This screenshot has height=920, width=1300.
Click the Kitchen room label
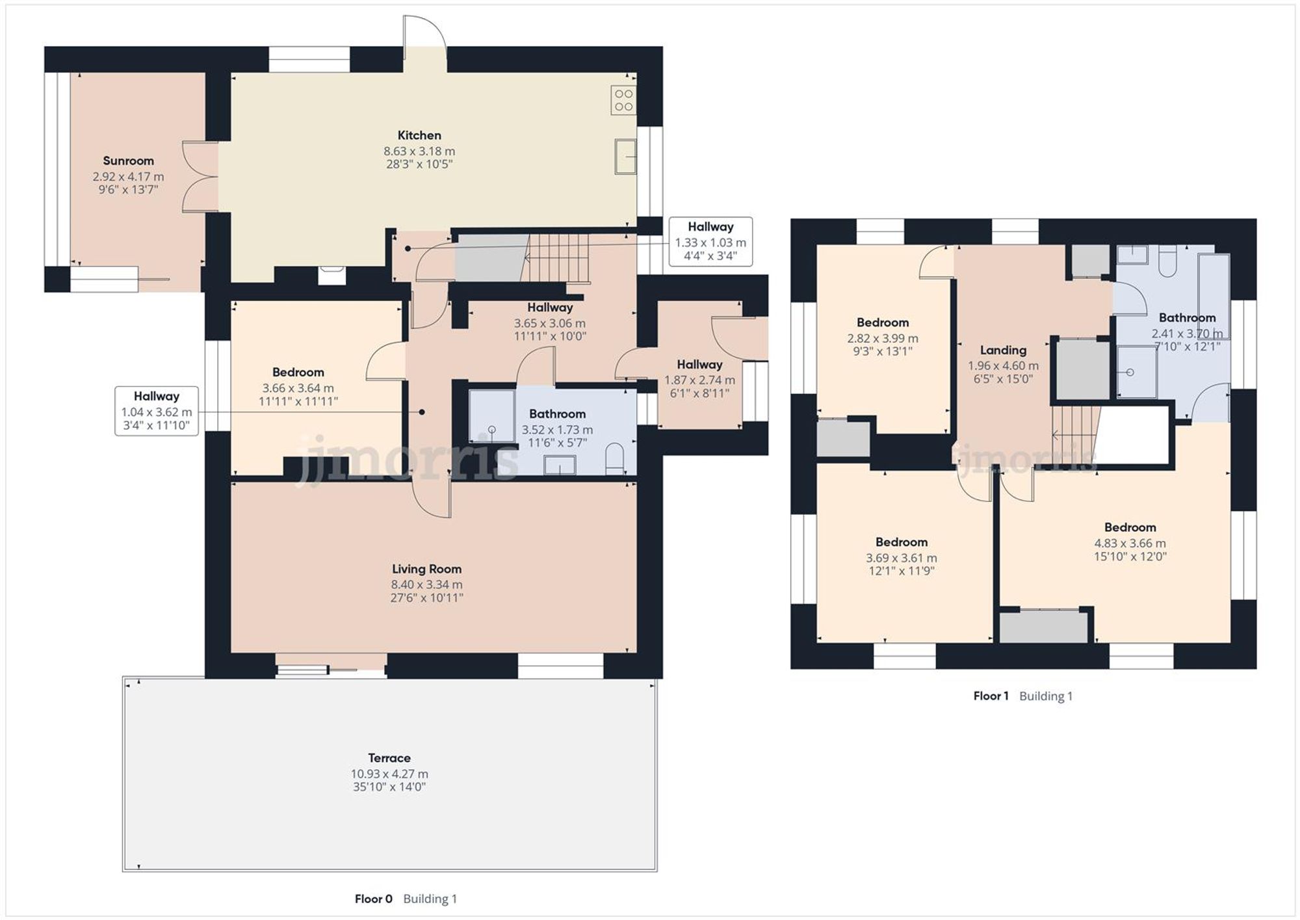(x=419, y=135)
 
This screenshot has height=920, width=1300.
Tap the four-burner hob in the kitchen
(x=623, y=100)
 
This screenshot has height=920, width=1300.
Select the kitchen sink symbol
(x=625, y=157)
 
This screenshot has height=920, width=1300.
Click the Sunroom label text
(x=128, y=161)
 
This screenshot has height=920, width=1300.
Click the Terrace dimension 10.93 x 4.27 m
(x=389, y=774)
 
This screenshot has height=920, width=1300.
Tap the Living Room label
(x=426, y=569)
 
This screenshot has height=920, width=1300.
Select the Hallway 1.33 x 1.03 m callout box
(x=710, y=242)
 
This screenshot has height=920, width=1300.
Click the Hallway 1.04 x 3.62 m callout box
(x=157, y=411)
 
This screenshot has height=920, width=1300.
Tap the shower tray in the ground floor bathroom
(x=491, y=416)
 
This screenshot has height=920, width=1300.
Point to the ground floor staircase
(x=556, y=257)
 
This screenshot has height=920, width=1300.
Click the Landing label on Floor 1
(x=1003, y=350)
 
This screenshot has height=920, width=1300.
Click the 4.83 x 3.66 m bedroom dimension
(x=1130, y=543)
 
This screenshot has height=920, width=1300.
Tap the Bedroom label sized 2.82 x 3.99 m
(x=882, y=322)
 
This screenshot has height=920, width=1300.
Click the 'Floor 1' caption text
(x=991, y=696)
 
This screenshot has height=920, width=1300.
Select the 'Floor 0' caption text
(x=373, y=899)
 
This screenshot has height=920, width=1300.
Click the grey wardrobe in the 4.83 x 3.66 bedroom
(x=1043, y=627)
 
